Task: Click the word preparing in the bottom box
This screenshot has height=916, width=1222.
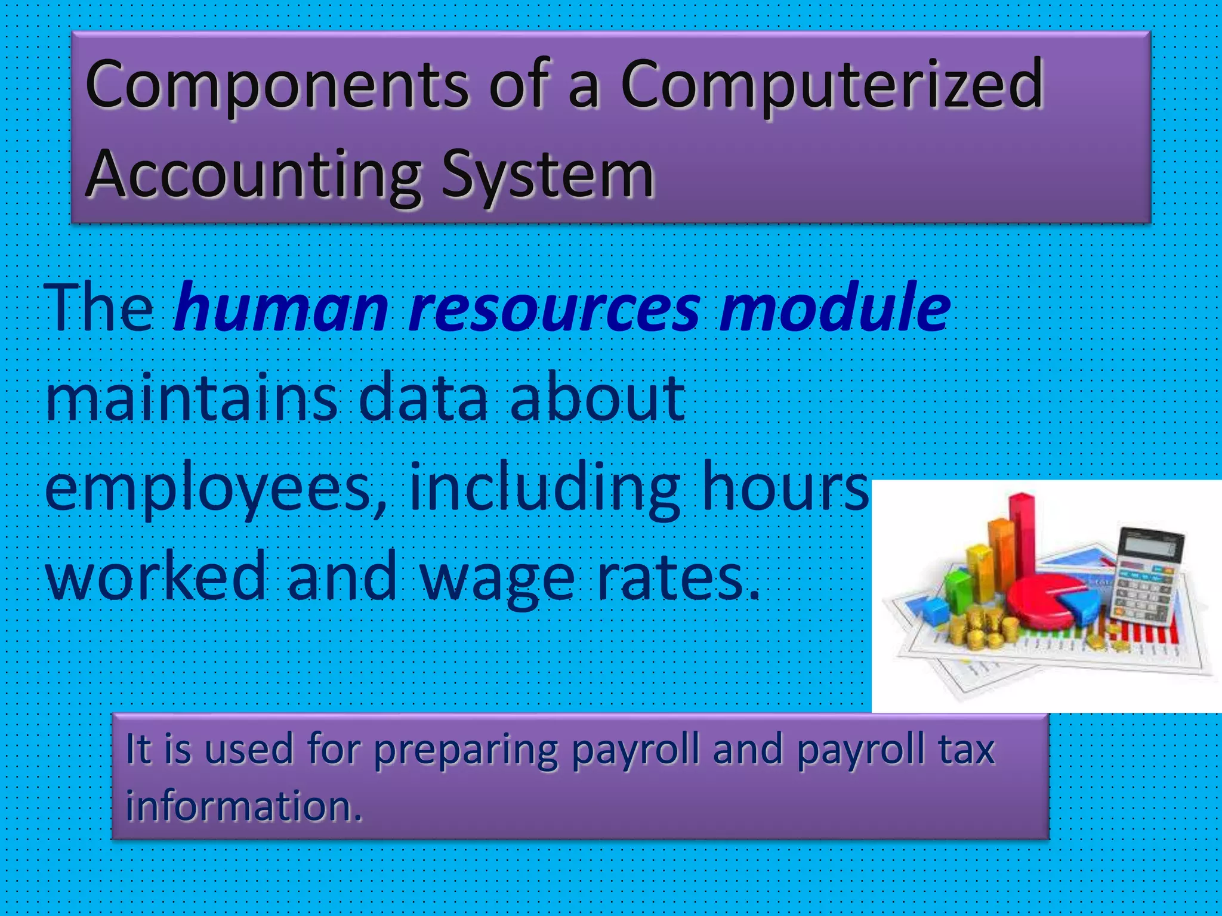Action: (465, 750)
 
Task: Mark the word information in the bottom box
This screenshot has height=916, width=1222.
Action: (243, 806)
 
